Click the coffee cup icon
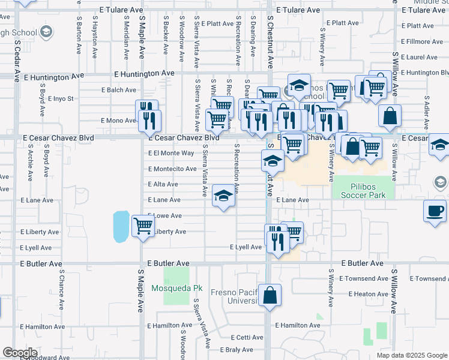coord(435,211)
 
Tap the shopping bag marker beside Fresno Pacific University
coord(270,295)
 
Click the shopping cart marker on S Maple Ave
coord(143,226)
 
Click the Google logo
coord(20,353)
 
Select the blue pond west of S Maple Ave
coord(121,226)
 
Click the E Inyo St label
coord(62,98)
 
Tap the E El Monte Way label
coord(171,153)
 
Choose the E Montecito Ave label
coord(172,169)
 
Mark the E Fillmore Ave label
coord(424,41)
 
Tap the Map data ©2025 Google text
coord(411,355)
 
